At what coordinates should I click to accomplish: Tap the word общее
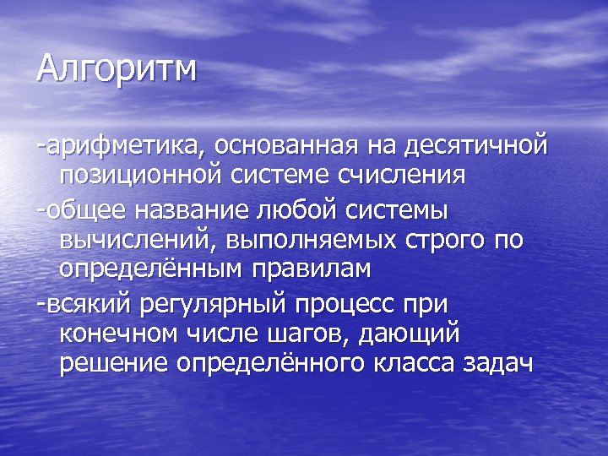85,209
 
